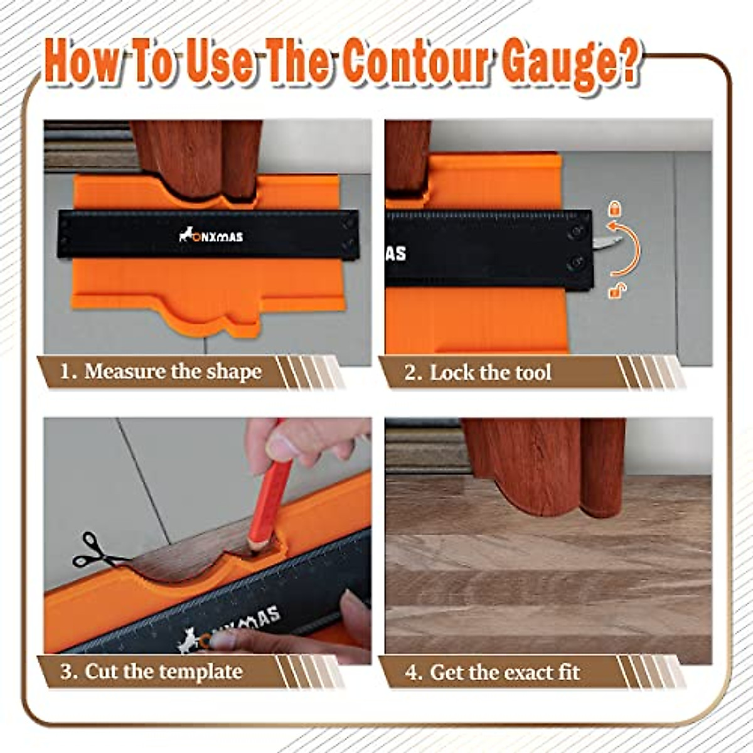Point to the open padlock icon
(617, 291)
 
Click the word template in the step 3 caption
(200, 672)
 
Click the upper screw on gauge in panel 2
(575, 232)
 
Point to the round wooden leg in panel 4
(603, 464)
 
